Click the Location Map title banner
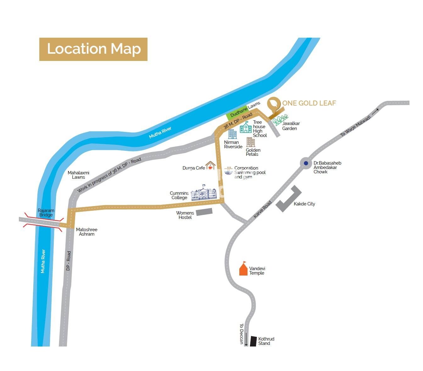click(x=93, y=49)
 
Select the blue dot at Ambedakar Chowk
click(x=306, y=163)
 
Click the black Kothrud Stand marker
click(x=253, y=341)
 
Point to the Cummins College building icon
click(x=204, y=193)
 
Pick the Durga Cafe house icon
click(x=210, y=165)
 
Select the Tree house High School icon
click(x=246, y=127)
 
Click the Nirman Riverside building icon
click(x=232, y=134)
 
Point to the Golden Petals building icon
click(x=251, y=142)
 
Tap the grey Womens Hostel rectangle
click(x=204, y=212)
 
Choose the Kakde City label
click(x=304, y=204)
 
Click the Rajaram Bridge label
click(x=46, y=213)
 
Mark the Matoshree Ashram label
click(x=86, y=232)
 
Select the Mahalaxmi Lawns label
click(x=79, y=175)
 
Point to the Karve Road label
click(x=262, y=210)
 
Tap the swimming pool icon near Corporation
click(x=229, y=171)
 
